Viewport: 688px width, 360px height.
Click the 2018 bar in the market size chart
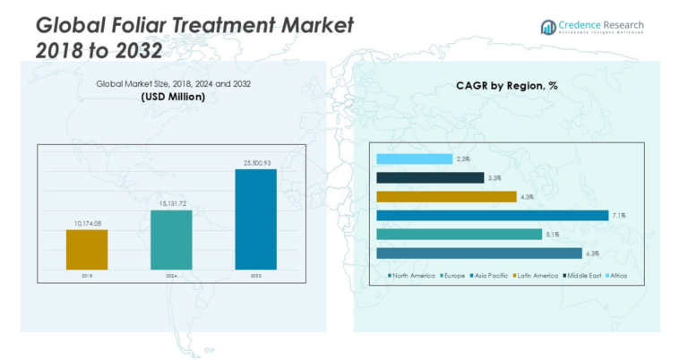pos(87,249)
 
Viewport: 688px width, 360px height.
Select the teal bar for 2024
pos(171,239)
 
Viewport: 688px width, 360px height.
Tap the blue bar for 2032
pos(255,219)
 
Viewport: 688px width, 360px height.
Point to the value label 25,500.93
pos(255,163)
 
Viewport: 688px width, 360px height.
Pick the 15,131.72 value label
pos(171,204)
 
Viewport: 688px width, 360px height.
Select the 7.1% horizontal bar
pos(492,215)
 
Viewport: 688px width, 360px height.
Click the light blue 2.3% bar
pos(414,159)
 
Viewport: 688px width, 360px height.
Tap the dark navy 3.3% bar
pos(430,177)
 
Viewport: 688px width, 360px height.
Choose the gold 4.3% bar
pos(446,196)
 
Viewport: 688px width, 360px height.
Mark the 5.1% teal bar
pos(459,234)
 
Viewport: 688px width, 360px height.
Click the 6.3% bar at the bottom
pos(479,253)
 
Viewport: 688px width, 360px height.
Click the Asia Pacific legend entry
pos(493,275)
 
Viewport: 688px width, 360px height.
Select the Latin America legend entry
pos(538,275)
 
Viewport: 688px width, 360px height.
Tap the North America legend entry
pos(413,275)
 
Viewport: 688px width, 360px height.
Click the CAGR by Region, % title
pos(506,87)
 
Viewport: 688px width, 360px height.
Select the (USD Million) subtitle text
pos(173,96)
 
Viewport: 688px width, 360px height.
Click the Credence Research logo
pos(592,27)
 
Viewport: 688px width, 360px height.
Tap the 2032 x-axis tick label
pos(255,276)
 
